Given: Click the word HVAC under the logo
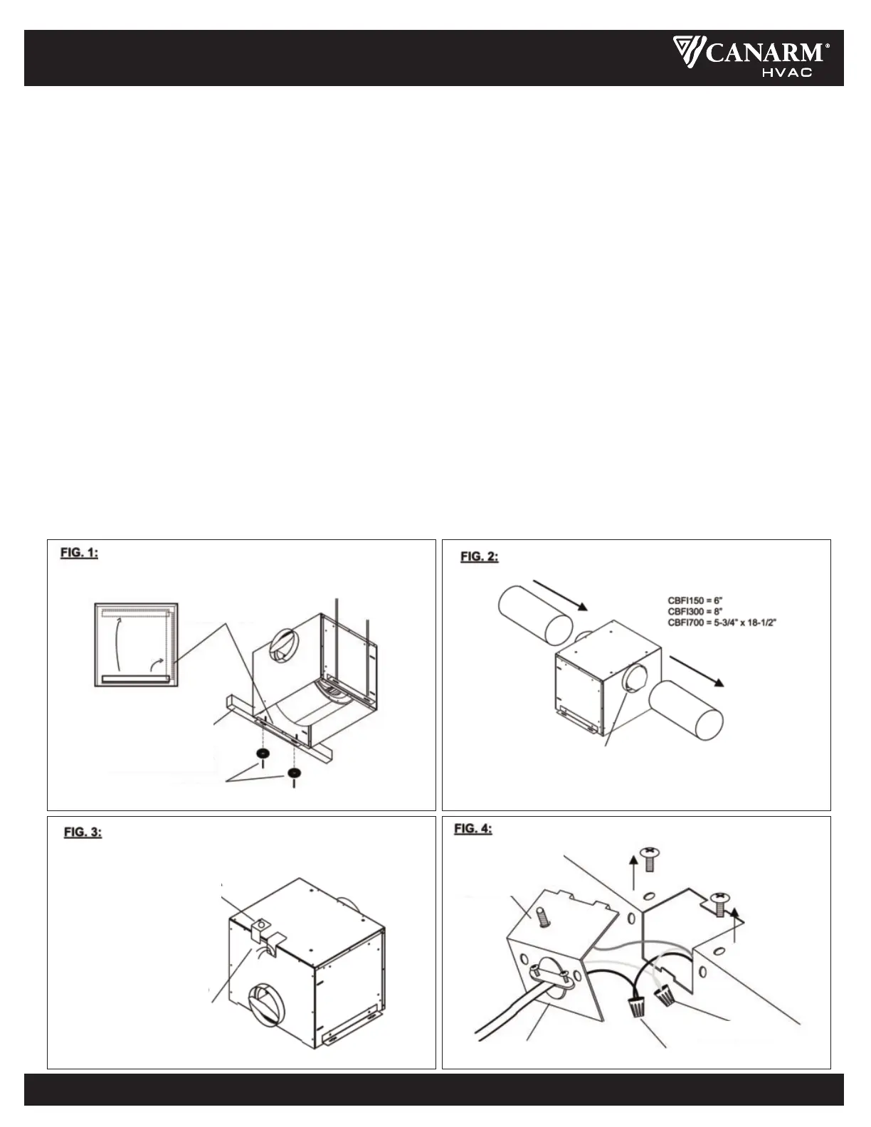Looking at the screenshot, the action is click(787, 73).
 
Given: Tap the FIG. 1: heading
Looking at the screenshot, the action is click(80, 553).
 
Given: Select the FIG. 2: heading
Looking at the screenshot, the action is click(480, 557).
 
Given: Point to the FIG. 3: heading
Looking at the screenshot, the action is click(83, 832).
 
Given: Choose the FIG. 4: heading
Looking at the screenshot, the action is click(473, 828).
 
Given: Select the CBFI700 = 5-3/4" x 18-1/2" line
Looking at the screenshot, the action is click(722, 623).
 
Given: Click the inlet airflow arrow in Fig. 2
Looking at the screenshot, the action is click(560, 596).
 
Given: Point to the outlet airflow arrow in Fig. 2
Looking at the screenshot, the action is click(697, 671).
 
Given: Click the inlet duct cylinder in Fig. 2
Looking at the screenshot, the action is click(534, 615).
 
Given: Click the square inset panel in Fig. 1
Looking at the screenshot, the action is click(137, 645).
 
